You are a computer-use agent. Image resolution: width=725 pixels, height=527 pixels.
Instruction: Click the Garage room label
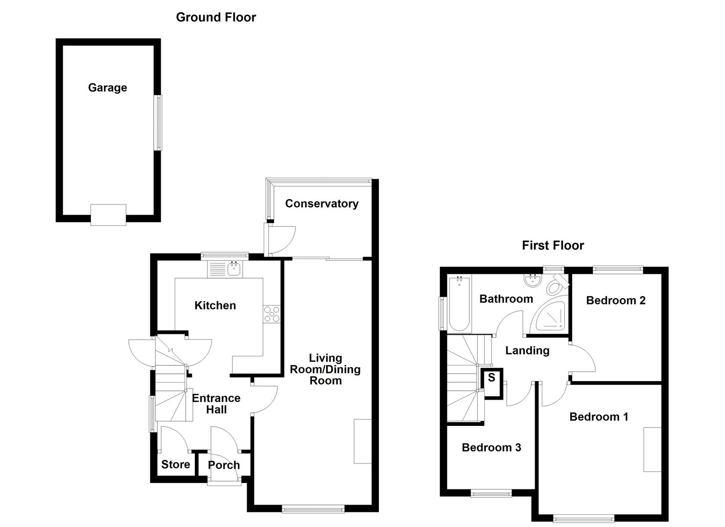coord(107,88)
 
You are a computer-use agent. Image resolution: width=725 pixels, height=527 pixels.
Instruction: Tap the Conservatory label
coord(322,203)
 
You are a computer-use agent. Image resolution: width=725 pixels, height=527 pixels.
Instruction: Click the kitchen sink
coord(234,268)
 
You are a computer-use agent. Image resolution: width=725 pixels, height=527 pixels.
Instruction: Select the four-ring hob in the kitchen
coord(272,313)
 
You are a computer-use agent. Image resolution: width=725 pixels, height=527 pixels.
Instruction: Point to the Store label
coord(176,465)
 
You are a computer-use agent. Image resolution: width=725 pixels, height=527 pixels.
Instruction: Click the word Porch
coord(224,465)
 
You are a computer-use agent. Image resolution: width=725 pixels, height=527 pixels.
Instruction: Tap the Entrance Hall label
coord(216,404)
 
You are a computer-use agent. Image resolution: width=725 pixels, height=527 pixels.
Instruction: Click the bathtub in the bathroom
coord(459,304)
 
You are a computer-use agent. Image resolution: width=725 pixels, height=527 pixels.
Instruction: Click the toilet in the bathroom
coord(557,285)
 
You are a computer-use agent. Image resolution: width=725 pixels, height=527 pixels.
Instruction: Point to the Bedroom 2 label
coord(616,300)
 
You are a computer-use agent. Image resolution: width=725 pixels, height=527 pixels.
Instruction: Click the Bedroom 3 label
coord(492,447)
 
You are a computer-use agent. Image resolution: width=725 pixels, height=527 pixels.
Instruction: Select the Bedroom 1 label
coord(599,417)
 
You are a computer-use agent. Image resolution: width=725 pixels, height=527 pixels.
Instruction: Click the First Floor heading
coord(553,245)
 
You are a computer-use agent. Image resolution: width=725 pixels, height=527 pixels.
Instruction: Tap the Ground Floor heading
coord(216,17)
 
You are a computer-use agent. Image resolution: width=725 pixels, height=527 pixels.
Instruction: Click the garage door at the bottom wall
coord(108,215)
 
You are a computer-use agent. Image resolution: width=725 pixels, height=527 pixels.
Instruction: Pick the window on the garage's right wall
coord(158,122)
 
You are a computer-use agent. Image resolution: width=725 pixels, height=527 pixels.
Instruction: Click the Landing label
coord(527,350)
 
